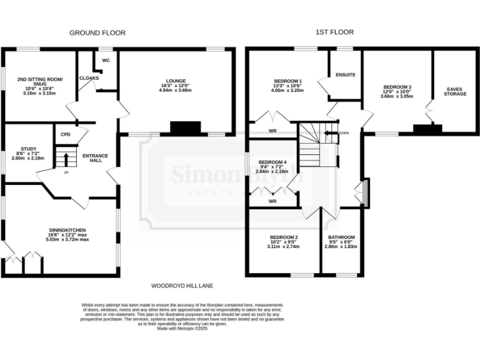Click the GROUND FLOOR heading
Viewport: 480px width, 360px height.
97,32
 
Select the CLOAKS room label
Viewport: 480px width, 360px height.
89,78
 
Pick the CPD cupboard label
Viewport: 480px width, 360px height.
65,134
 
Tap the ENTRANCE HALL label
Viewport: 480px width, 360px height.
96,159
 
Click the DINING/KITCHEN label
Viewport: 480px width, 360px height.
67,230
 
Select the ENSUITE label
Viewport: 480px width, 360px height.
345,75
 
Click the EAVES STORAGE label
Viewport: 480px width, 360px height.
455,92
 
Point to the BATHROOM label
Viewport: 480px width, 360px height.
341,237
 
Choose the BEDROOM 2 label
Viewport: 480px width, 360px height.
284,237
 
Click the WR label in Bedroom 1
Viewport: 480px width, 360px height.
272,131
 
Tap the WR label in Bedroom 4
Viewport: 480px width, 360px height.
272,201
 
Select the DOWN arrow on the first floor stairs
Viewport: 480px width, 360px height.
331,133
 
